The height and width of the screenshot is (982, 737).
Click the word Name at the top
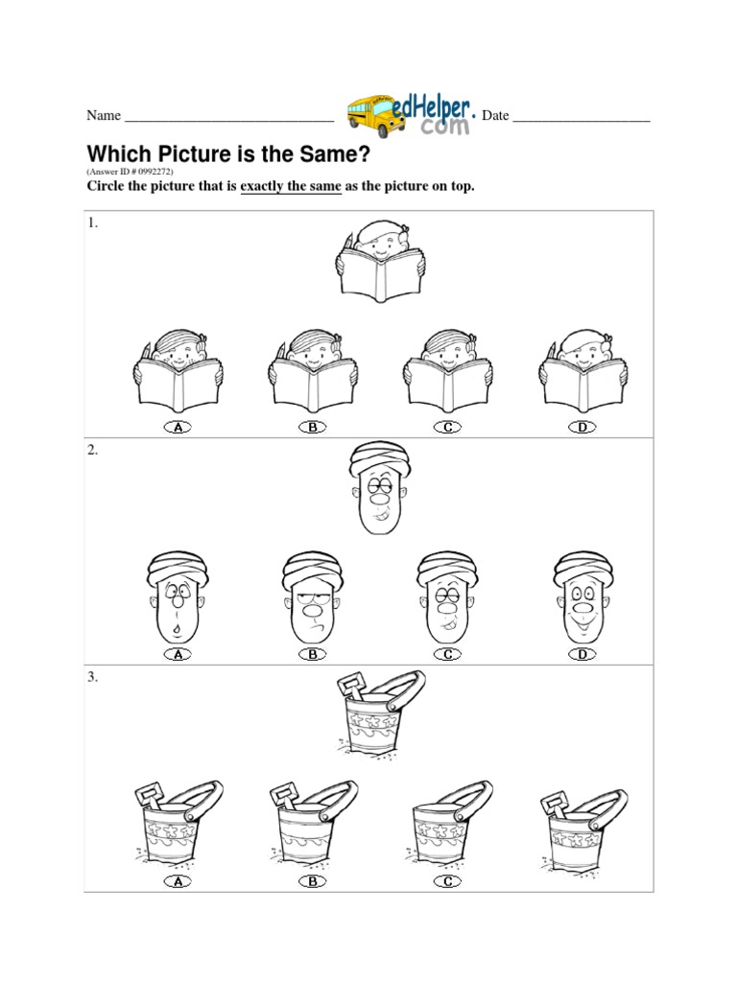104,115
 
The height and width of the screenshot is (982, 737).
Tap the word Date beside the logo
495,115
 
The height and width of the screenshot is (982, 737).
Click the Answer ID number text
130,171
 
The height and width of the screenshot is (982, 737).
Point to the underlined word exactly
262,186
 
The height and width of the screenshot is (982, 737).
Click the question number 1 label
92,222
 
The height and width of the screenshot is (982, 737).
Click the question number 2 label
92,450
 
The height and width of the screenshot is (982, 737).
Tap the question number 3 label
92,677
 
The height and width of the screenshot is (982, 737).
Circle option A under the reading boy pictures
178,427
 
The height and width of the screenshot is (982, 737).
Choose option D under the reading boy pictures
582,427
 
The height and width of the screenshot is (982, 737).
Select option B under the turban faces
313,654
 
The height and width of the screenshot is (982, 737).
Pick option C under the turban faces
447,654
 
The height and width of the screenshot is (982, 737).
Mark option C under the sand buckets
447,882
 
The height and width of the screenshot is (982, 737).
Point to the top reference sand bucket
379,715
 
